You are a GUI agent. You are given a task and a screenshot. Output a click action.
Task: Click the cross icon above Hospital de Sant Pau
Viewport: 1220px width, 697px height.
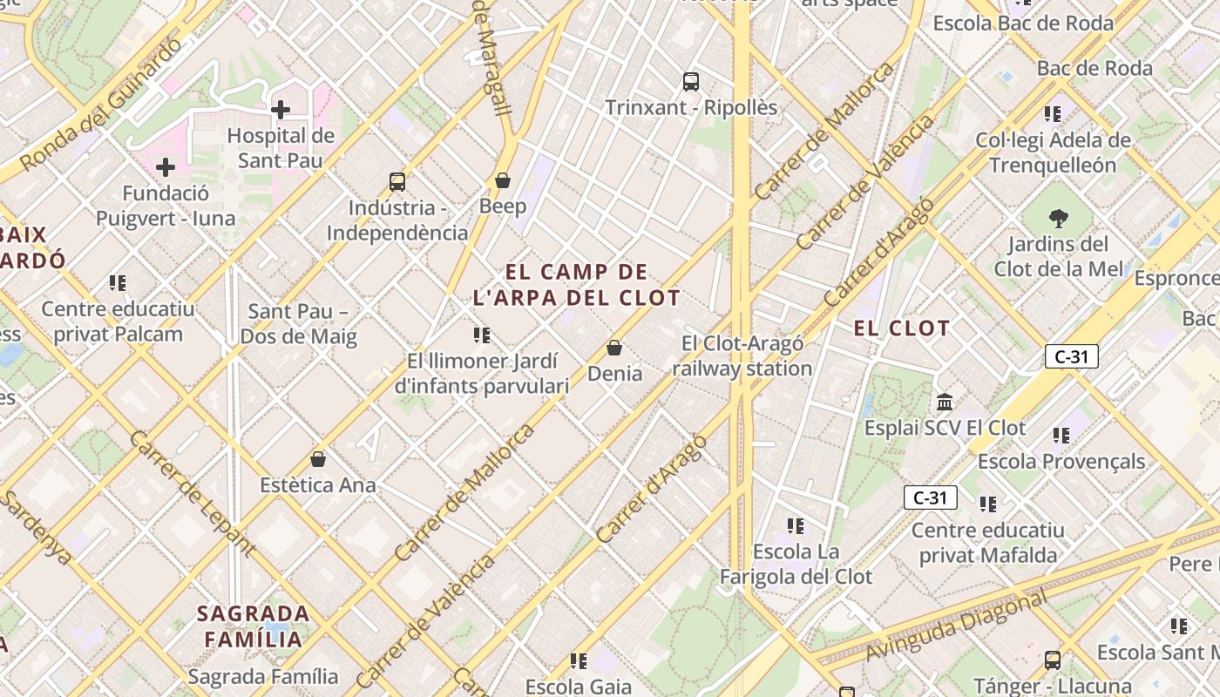[281, 110]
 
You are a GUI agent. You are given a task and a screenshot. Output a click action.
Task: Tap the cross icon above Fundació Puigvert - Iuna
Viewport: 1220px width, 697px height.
[166, 167]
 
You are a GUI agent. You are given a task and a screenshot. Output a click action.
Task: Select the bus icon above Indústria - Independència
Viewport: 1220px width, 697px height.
[397, 182]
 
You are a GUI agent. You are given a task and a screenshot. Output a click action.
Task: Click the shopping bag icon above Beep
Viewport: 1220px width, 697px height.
[503, 180]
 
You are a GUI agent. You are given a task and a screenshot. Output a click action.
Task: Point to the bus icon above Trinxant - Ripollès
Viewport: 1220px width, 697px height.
[691, 82]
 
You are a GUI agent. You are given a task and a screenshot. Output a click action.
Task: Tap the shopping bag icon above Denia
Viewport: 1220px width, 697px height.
[614, 348]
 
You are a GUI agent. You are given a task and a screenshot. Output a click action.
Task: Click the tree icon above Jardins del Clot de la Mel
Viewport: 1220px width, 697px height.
[1059, 218]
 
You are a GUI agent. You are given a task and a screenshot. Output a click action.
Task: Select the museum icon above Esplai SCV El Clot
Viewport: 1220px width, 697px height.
[945, 403]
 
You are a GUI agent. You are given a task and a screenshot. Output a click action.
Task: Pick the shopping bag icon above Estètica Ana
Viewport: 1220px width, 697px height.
[318, 459]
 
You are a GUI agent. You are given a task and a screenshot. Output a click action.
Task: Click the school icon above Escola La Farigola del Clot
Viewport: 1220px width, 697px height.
[796, 525]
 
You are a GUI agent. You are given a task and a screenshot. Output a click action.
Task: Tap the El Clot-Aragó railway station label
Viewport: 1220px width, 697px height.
[742, 355]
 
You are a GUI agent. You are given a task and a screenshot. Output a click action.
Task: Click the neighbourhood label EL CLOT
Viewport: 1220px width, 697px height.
[901, 328]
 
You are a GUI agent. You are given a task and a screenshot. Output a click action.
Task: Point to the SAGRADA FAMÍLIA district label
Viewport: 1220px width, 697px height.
[253, 626]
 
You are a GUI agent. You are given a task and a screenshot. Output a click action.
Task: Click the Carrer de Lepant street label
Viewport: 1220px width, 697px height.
[193, 493]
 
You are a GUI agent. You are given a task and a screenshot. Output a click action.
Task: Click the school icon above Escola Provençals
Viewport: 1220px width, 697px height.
[1061, 435]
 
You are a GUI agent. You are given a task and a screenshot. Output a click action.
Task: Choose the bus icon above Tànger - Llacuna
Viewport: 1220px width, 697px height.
[1053, 660]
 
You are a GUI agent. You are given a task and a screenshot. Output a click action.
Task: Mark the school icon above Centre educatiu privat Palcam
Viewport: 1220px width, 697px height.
[118, 283]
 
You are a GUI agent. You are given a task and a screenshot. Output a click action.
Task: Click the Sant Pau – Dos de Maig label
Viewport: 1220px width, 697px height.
[298, 324]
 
